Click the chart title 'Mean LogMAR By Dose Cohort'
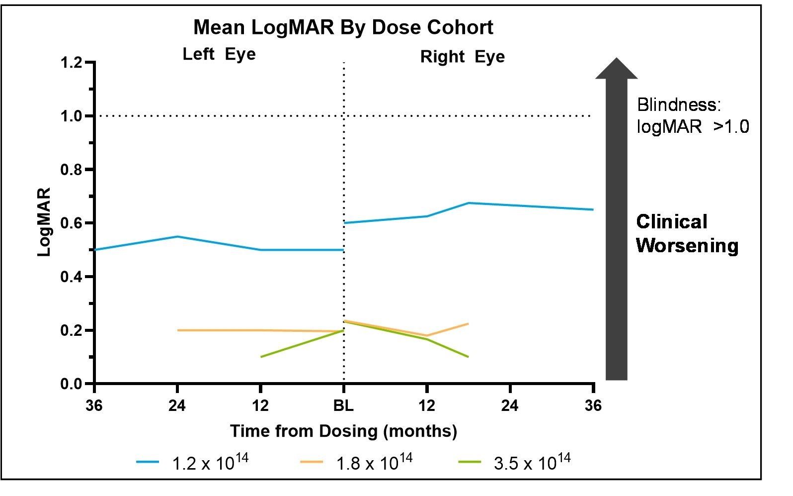[343, 28]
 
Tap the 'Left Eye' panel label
[219, 54]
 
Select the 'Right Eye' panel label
[463, 57]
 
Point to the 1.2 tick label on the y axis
[71, 63]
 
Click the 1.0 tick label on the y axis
[71, 116]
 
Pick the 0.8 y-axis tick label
[71, 170]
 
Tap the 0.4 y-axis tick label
[71, 277]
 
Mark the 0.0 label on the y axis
[71, 384]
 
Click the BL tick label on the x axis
[343, 405]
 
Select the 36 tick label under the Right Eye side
[593, 405]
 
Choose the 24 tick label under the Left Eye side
[177, 405]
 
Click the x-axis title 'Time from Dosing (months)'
[343, 431]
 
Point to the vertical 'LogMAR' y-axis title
[44, 222]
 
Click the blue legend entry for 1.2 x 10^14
[192, 462]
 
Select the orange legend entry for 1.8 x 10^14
[356, 462]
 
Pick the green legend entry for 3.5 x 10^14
[514, 462]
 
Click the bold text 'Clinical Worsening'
[687, 234]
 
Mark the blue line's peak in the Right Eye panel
[469, 203]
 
